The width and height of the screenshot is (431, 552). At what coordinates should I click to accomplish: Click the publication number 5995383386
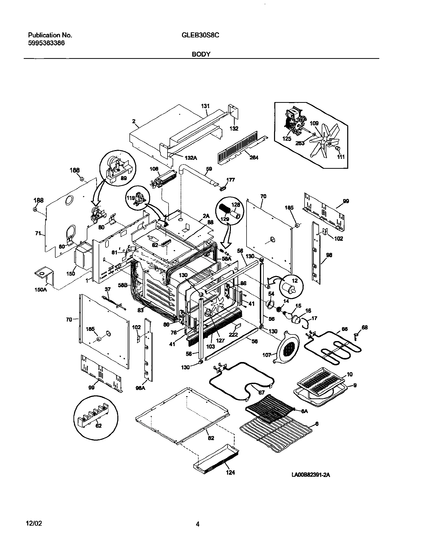tap(46, 43)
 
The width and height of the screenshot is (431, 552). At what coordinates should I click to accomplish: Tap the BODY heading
tap(201, 54)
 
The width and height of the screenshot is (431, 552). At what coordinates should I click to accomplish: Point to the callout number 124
tap(230, 472)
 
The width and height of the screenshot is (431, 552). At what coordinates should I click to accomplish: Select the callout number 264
tap(254, 157)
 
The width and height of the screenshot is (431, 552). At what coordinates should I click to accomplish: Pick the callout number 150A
tap(41, 290)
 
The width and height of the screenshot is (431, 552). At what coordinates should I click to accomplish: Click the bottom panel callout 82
tap(211, 438)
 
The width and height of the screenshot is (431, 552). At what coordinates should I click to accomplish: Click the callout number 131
tap(205, 106)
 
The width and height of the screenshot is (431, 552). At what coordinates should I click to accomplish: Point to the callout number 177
tap(230, 180)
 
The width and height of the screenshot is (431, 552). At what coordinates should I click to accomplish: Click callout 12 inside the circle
tap(295, 281)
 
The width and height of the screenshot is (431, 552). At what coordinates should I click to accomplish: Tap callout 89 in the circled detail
tap(123, 178)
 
